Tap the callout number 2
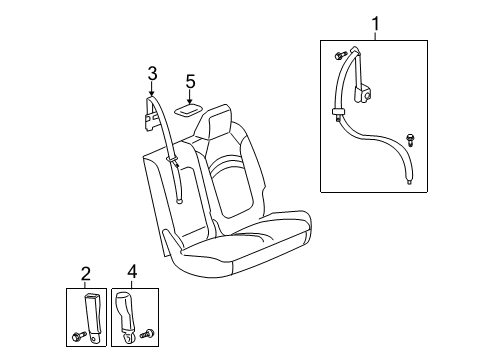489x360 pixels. tap(86, 272)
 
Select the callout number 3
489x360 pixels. tap(152, 72)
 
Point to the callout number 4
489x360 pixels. tap(132, 272)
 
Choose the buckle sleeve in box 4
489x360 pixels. tap(130, 311)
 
